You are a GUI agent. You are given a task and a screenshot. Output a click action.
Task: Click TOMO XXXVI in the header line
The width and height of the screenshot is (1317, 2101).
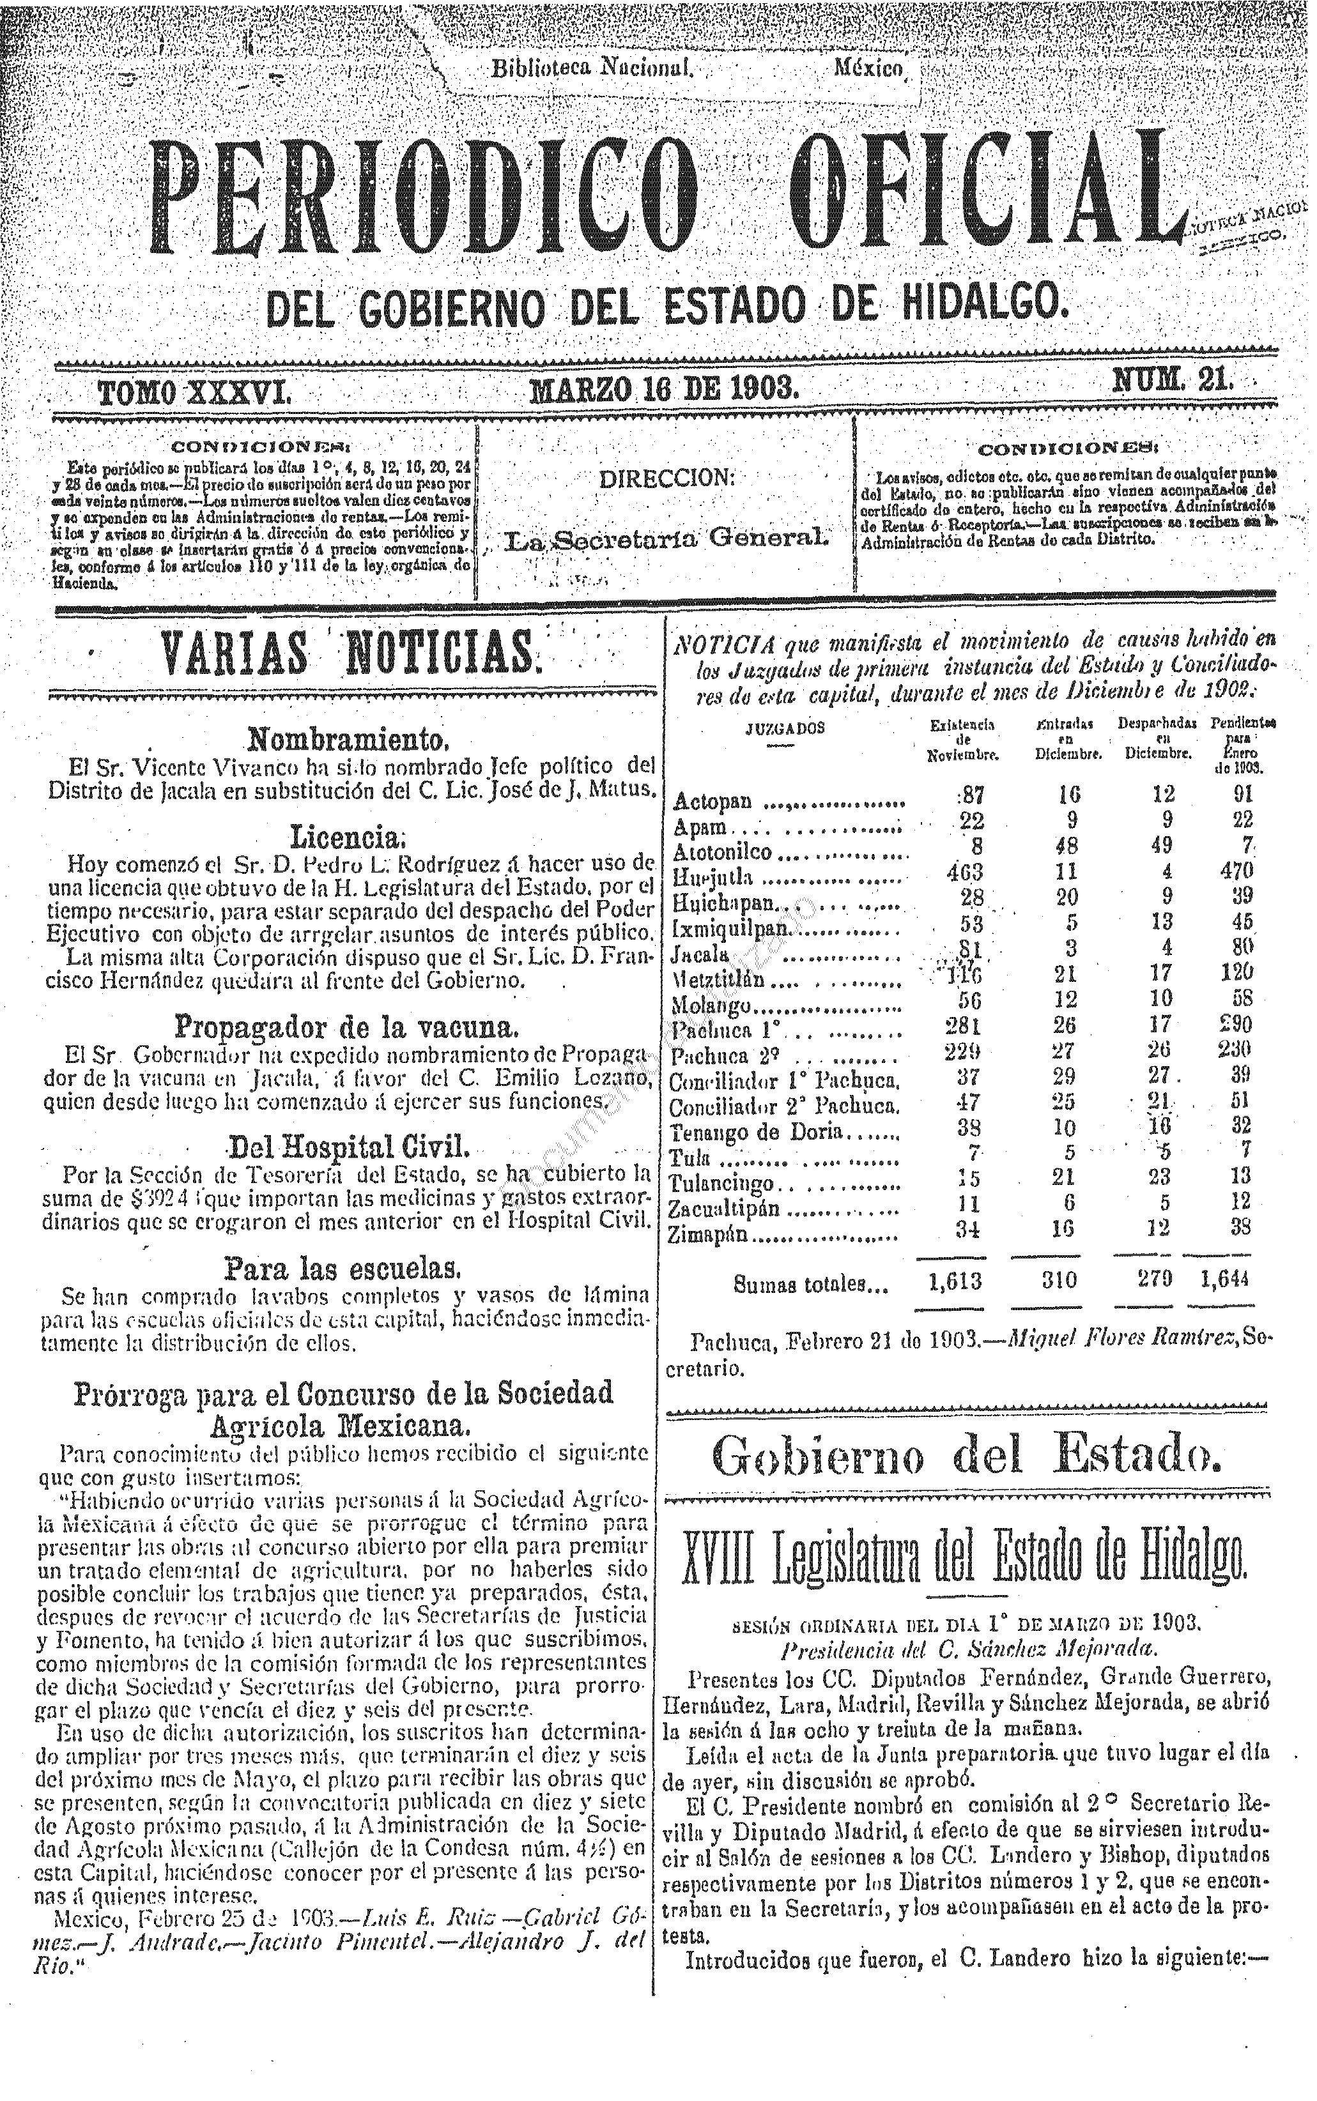click(x=194, y=392)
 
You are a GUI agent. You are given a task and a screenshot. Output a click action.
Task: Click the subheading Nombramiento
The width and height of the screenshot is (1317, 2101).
click(x=348, y=741)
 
